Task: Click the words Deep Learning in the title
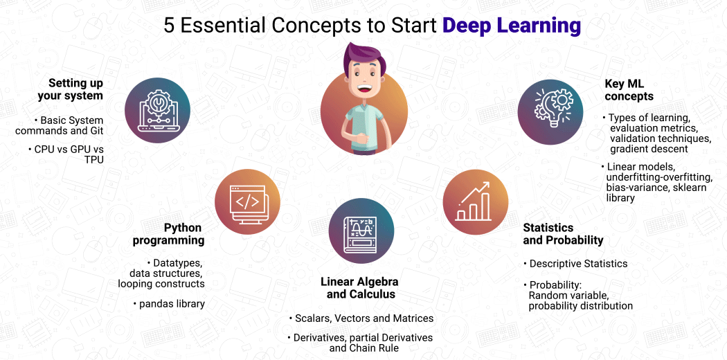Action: click(511, 26)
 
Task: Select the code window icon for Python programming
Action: click(247, 201)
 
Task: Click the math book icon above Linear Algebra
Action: click(361, 231)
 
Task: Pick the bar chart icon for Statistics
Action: click(475, 201)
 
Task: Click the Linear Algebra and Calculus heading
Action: click(361, 288)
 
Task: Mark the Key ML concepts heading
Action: click(629, 90)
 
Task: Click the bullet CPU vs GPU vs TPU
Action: click(69, 154)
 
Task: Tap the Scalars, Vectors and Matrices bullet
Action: click(361, 318)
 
